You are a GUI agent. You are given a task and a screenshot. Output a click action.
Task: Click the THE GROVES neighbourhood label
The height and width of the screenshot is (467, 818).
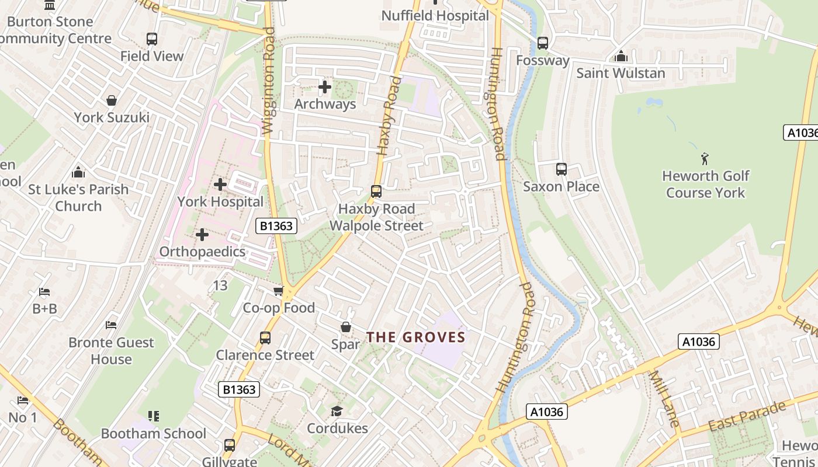pyautogui.click(x=415, y=337)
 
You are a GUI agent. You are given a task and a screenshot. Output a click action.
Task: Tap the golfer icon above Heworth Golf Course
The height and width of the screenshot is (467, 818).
pyautogui.click(x=705, y=158)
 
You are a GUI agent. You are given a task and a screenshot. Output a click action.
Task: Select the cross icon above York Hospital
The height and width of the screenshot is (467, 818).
pyautogui.click(x=220, y=184)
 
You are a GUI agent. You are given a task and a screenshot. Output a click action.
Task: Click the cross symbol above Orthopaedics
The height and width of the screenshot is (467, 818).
pyautogui.click(x=202, y=235)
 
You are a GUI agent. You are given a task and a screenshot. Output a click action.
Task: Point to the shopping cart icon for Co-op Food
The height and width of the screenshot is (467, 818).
pyautogui.click(x=279, y=291)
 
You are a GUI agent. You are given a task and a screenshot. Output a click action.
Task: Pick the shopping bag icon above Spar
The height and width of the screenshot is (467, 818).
pyautogui.click(x=346, y=327)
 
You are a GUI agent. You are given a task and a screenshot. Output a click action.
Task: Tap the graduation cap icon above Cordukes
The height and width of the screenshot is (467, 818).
pyautogui.click(x=337, y=412)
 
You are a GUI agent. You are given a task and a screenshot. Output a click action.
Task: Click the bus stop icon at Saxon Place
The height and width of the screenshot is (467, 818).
pyautogui.click(x=561, y=169)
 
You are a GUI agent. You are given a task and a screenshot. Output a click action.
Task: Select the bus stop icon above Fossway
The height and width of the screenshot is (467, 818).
pyautogui.click(x=543, y=43)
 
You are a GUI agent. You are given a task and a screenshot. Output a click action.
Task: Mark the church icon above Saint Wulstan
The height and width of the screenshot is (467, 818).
pyautogui.click(x=621, y=56)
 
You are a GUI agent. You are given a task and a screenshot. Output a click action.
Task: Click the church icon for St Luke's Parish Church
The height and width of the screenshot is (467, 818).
pyautogui.click(x=78, y=172)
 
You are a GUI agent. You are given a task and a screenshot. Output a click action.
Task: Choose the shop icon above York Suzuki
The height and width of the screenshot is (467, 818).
pyautogui.click(x=112, y=100)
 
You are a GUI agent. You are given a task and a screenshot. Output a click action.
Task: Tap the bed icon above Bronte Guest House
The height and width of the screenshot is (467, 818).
pyautogui.click(x=111, y=325)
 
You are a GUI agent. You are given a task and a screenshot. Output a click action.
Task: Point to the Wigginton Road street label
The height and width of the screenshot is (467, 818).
pyautogui.click(x=269, y=82)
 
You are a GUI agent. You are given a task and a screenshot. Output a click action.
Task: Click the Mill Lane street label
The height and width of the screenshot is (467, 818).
pyautogui.click(x=664, y=399)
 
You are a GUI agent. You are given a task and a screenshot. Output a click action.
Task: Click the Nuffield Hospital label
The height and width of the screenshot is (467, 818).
pyautogui.click(x=435, y=16)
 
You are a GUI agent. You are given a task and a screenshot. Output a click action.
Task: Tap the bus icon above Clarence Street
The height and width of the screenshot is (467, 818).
pyautogui.click(x=265, y=338)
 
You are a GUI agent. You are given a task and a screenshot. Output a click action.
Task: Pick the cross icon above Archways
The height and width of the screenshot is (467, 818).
pyautogui.click(x=325, y=88)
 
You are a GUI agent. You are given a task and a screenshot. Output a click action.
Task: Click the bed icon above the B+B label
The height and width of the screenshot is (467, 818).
pyautogui.click(x=44, y=292)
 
